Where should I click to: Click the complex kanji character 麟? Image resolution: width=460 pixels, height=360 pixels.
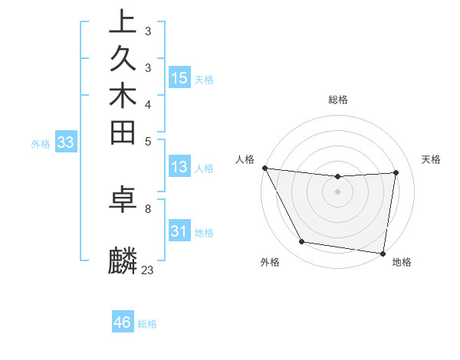coord(123,260)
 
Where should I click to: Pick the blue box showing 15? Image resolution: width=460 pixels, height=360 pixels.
coord(179,77)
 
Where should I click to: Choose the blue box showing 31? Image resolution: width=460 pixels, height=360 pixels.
coord(179,231)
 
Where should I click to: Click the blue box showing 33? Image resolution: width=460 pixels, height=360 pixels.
coord(66,142)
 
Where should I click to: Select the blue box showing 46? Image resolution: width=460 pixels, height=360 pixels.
coord(123,322)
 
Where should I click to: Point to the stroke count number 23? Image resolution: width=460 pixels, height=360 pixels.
coord(147,270)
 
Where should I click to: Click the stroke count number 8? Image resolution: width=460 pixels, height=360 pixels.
coord(147,208)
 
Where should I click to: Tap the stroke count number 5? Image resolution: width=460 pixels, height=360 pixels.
coord(147,140)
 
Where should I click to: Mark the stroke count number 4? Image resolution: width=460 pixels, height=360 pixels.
coord(147,103)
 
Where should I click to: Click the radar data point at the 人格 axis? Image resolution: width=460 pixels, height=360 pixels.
coord(264,168)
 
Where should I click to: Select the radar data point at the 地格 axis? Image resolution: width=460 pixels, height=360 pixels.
coord(383,253)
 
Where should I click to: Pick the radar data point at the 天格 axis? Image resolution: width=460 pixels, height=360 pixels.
coord(396,172)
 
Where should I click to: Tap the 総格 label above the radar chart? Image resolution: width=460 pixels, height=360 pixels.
coord(338,100)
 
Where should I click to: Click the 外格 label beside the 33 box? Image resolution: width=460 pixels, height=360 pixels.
coord(41,142)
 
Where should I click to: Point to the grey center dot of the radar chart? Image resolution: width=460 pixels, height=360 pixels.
coord(338,191)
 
